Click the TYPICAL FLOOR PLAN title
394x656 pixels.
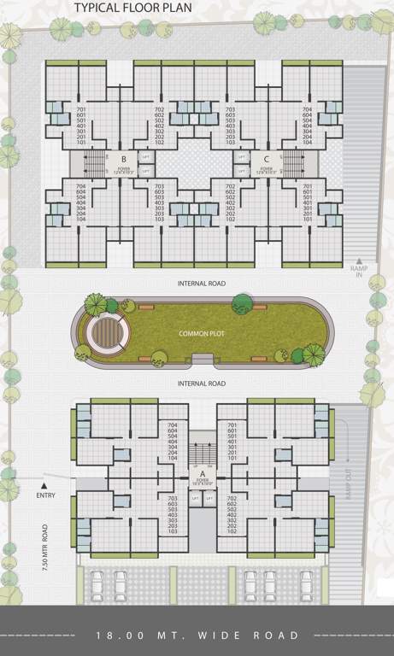click(132, 9)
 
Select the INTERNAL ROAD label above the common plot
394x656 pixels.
click(201, 282)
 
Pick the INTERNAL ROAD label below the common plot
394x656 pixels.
click(201, 384)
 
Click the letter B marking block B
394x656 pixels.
click(124, 159)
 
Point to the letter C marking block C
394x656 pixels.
click(267, 159)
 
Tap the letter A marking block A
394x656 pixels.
click(202, 473)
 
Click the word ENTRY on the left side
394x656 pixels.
click(46, 495)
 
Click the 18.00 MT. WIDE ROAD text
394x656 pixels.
click(197, 635)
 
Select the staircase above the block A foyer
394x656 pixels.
click(202, 454)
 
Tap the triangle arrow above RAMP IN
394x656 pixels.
click(360, 260)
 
